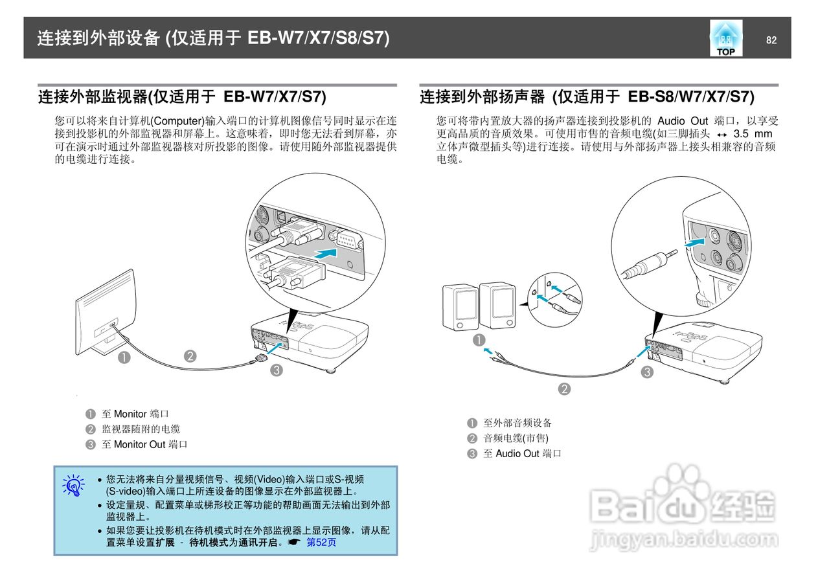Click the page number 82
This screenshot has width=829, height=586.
[771, 40]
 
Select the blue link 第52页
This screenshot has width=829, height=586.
[321, 543]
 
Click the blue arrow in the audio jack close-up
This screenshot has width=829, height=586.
[695, 241]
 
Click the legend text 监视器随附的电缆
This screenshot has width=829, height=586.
[141, 429]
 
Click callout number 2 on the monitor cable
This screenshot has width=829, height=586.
[190, 355]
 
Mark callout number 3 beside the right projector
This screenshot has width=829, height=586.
[647, 372]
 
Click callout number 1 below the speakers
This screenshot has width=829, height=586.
[479, 339]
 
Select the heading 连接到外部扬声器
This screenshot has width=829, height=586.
[483, 98]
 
